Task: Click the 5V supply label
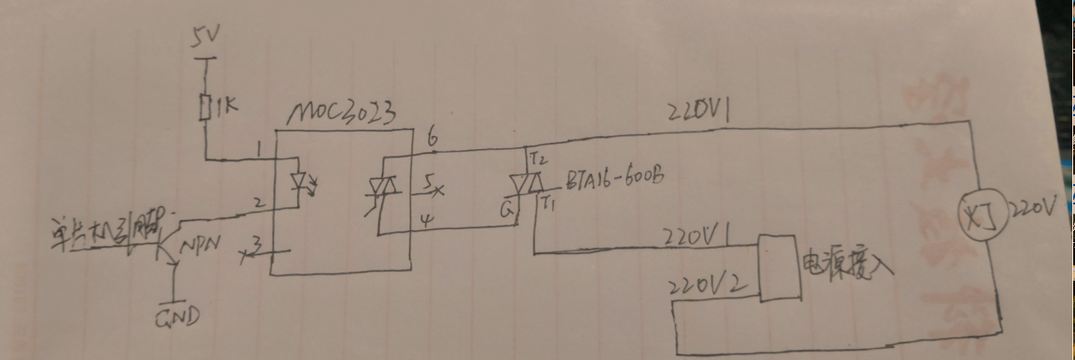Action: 205,39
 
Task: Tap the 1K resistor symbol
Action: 205,106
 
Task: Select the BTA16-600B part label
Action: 605,176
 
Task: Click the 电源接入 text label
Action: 848,261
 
